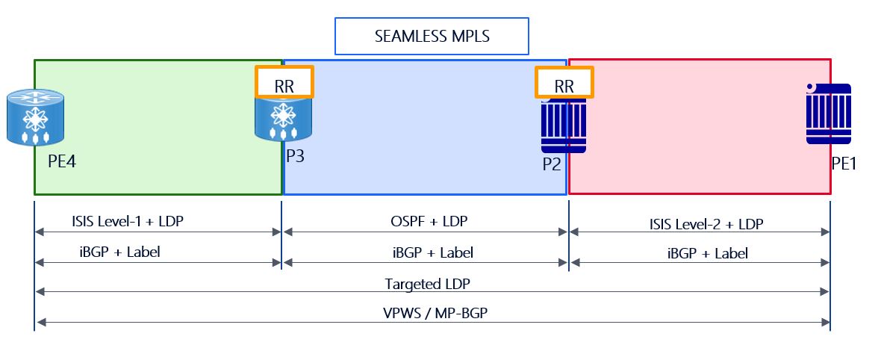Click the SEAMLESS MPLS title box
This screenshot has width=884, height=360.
pos(432,37)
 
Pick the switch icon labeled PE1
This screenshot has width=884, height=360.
pos(829,114)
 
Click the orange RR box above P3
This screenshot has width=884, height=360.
pos(284,81)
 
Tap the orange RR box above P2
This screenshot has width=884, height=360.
pos(564,82)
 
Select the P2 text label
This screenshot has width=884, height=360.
pos(552,164)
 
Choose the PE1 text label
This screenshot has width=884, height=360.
pos(844,163)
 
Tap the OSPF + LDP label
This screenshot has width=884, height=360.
pos(424,221)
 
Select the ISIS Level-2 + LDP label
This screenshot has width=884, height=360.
pos(706,223)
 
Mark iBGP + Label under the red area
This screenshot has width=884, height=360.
pos(707,253)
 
